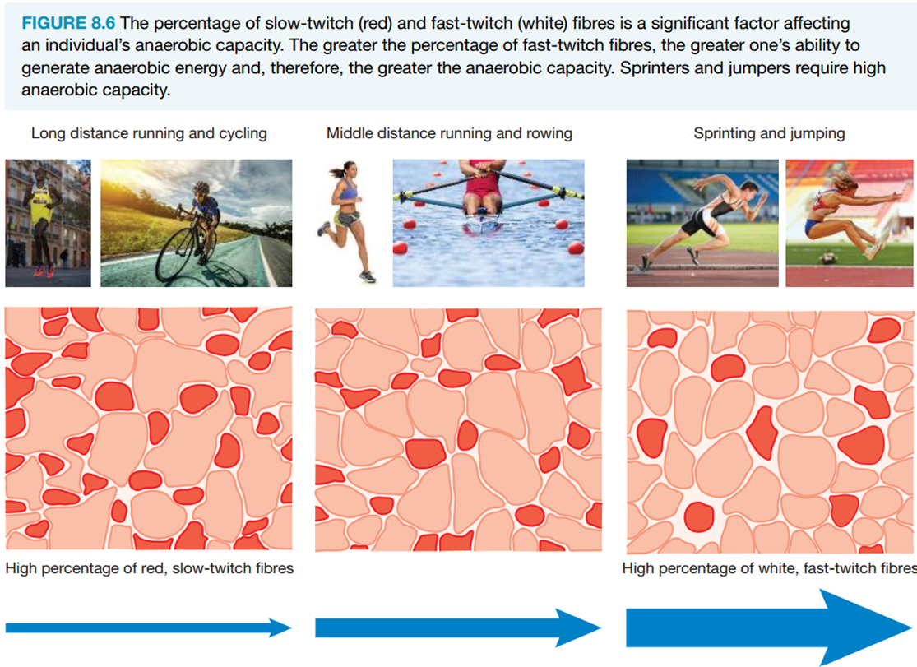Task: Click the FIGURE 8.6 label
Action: pyautogui.click(x=68, y=23)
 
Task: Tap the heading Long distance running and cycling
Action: pyautogui.click(x=149, y=133)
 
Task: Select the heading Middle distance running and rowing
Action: pyautogui.click(x=449, y=133)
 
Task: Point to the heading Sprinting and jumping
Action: pyautogui.click(x=769, y=133)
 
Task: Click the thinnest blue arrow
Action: pyautogui.click(x=149, y=628)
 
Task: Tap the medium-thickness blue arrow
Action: pyautogui.click(x=458, y=628)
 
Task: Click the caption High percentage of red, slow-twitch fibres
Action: pyautogui.click(x=149, y=568)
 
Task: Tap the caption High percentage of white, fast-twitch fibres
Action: pyautogui.click(x=769, y=568)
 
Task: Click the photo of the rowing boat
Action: pyautogui.click(x=489, y=223)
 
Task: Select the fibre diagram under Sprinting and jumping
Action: pyautogui.click(x=771, y=432)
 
